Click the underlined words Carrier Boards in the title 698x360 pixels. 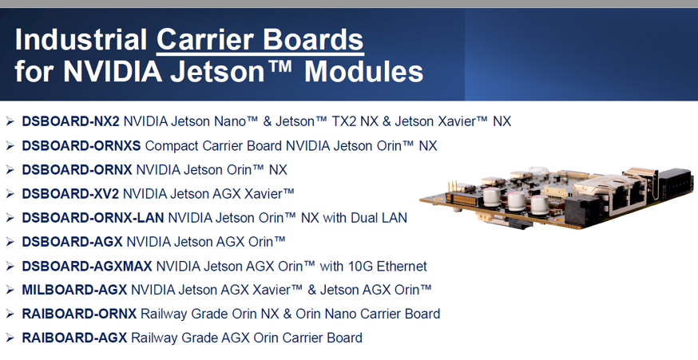(260, 40)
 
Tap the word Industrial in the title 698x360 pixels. (81, 40)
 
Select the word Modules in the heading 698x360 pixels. (363, 71)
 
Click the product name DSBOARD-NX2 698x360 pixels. (71, 121)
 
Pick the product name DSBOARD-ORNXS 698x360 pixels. (81, 145)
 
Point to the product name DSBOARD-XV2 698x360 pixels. (70, 194)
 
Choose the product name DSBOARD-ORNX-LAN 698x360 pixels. (93, 218)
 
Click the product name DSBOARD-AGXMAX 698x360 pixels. (87, 266)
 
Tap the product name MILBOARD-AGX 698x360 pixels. (75, 290)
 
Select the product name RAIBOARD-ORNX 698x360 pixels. (79, 314)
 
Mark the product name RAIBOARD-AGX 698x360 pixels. (75, 338)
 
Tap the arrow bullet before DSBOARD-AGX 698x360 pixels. (10, 242)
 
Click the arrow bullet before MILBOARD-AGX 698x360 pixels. (10, 290)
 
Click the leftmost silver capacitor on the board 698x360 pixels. (492, 196)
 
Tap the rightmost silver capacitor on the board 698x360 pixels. (539, 204)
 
